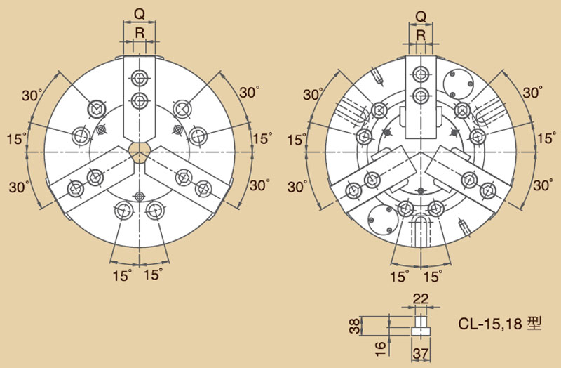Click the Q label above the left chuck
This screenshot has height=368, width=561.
139,14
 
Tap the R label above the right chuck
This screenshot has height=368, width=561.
421,35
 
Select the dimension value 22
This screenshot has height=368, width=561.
420,299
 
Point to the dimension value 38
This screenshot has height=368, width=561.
356,326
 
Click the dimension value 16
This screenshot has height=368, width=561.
381,348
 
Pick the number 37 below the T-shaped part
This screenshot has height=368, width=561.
420,354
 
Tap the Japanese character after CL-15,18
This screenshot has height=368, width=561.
534,323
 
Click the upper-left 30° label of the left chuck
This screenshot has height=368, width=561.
32,96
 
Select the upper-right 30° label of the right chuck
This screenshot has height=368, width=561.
533,93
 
